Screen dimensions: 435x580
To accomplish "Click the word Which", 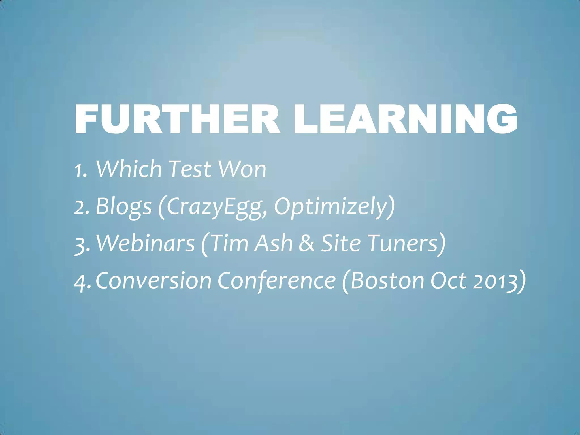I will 129,169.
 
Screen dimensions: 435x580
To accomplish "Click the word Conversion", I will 153,281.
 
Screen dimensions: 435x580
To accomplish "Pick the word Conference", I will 276,281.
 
